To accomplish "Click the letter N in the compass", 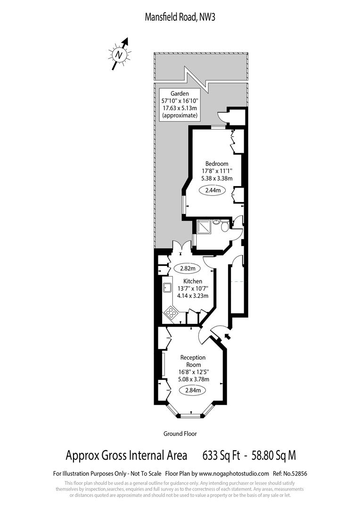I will click(119, 55).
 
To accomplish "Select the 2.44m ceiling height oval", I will click(213, 190).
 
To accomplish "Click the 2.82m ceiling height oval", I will click(188, 268).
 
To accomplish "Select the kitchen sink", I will click(167, 288).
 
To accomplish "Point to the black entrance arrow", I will click(228, 337).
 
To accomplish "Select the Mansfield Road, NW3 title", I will click(180, 17).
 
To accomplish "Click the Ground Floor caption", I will click(180, 434).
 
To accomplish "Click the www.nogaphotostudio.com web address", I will click(234, 473).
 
